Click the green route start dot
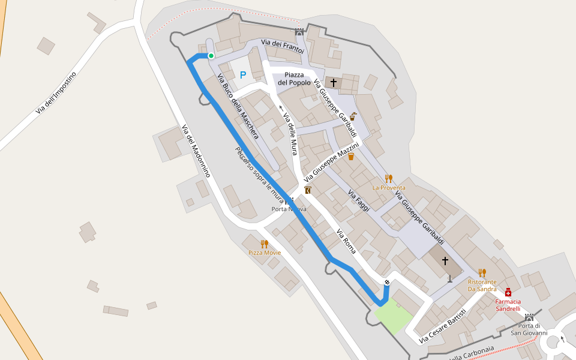[x=211, y=56]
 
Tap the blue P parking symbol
[x=242, y=75]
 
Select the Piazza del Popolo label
[x=298, y=79]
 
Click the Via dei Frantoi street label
[x=283, y=47]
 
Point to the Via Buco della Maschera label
[x=238, y=107]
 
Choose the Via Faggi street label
[x=359, y=200]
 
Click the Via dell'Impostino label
[x=56, y=93]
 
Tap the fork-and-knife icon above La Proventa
[x=388, y=178]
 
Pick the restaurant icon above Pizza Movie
[x=264, y=244]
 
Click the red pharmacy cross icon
[x=508, y=292]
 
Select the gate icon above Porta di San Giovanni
[x=529, y=317]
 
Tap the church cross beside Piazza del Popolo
[x=334, y=82]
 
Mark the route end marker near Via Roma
[x=387, y=282]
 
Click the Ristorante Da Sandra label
[x=482, y=285]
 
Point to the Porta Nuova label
[x=289, y=209]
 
